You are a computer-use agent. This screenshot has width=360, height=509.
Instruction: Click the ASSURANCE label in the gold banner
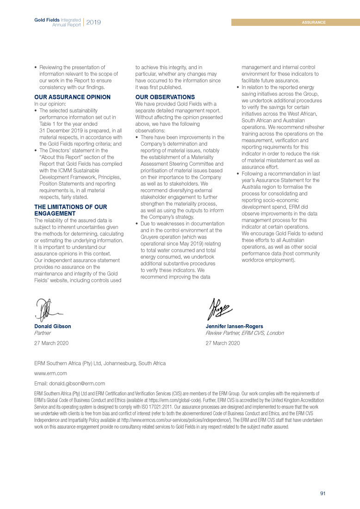(x=314, y=22)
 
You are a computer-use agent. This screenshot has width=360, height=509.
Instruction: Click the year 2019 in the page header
(x=93, y=22)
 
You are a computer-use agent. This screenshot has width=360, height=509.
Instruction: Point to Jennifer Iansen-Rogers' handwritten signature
(x=221, y=307)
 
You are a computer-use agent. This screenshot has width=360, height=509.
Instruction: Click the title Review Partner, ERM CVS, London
(x=244, y=333)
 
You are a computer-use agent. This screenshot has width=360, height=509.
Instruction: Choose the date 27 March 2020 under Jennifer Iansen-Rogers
(x=223, y=343)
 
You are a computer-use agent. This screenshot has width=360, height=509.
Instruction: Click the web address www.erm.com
(x=51, y=373)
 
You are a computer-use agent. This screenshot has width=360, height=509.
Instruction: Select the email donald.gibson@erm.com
(x=70, y=383)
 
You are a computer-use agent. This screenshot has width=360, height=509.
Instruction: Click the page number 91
(x=323, y=493)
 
